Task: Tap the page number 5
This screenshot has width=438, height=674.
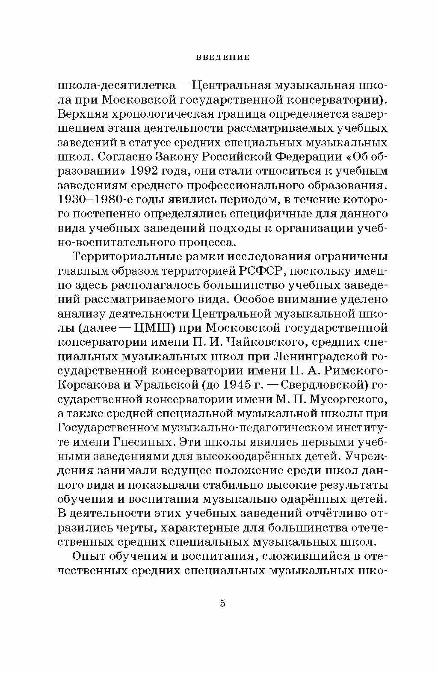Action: point(222,604)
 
